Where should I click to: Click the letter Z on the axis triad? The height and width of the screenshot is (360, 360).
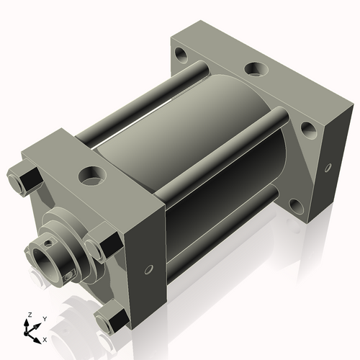(28, 315)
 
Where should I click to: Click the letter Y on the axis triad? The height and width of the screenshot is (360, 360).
(44, 318)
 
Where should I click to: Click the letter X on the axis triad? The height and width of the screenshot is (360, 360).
(45, 338)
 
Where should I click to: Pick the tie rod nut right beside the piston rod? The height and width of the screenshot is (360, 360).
(101, 245)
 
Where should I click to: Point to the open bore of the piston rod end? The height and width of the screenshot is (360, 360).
(43, 259)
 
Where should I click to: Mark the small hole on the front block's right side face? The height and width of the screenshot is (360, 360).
(149, 270)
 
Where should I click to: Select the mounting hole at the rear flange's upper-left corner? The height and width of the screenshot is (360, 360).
(181, 55)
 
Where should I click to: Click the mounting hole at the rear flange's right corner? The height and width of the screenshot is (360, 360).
(307, 130)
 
